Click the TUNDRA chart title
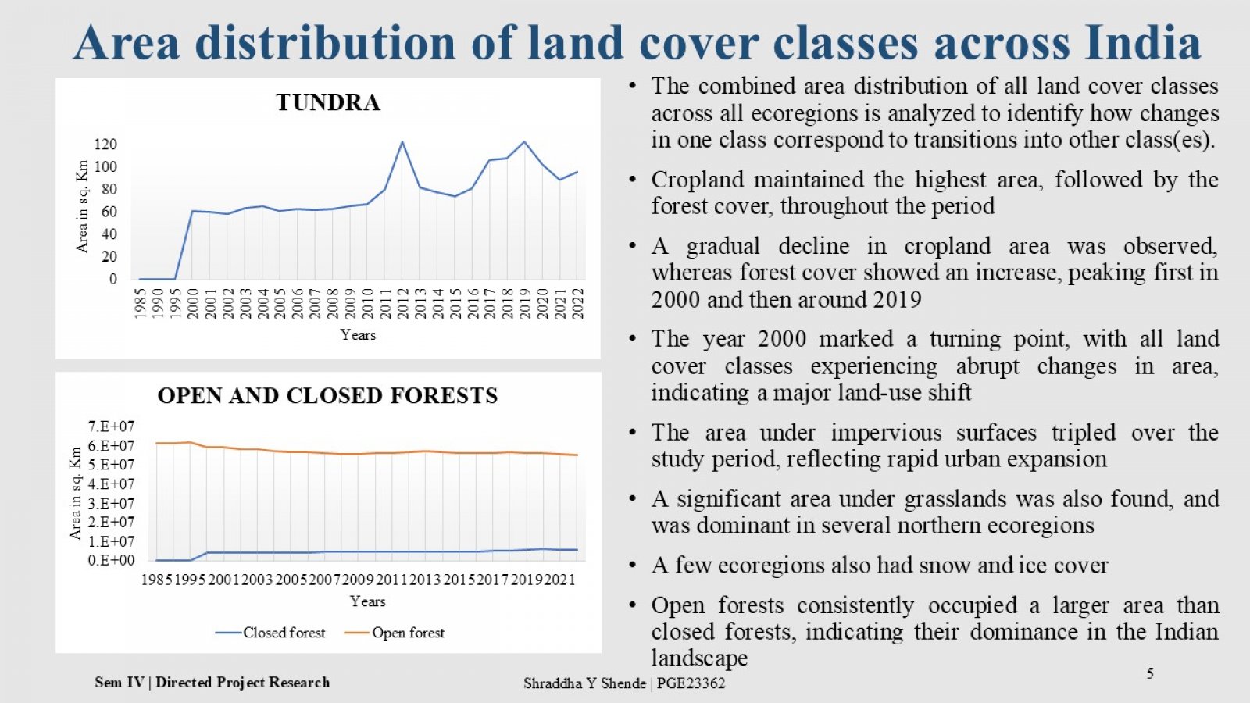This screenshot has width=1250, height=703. point(328,102)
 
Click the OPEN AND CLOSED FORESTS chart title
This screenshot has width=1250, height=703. point(327,395)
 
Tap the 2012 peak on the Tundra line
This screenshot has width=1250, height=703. point(402,141)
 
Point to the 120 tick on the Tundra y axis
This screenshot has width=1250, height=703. point(106,145)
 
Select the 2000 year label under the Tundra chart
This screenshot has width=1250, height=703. point(192,304)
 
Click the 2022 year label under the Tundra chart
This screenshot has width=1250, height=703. point(578,304)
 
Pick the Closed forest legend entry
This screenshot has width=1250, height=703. point(270,633)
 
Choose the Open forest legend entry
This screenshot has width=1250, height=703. point(395,633)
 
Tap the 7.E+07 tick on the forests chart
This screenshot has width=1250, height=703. point(111,426)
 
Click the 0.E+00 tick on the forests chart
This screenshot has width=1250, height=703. point(111,560)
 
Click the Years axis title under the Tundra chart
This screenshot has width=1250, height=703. point(358,335)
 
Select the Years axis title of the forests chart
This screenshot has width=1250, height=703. point(368,601)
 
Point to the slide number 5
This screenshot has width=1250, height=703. point(1150,673)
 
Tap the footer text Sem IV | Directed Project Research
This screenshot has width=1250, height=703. point(212,683)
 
